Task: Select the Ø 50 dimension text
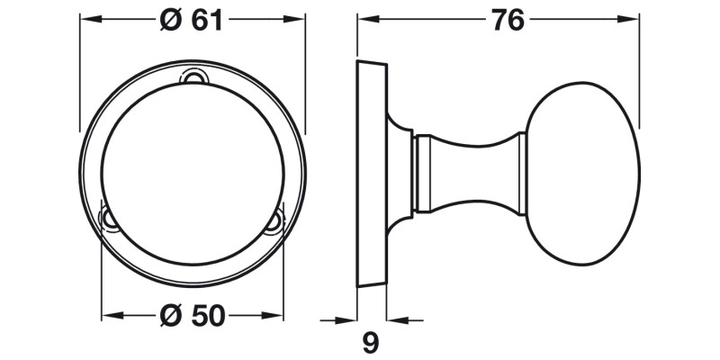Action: pyautogui.click(x=192, y=316)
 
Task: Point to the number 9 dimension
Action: pyautogui.click(x=369, y=342)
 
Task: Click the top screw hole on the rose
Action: pyautogui.click(x=192, y=78)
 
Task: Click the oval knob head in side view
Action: pyautogui.click(x=581, y=173)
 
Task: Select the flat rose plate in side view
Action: pyautogui.click(x=372, y=173)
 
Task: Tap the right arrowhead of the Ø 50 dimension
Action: pyautogui.click(x=277, y=316)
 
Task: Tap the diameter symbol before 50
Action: pyautogui.click(x=170, y=316)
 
